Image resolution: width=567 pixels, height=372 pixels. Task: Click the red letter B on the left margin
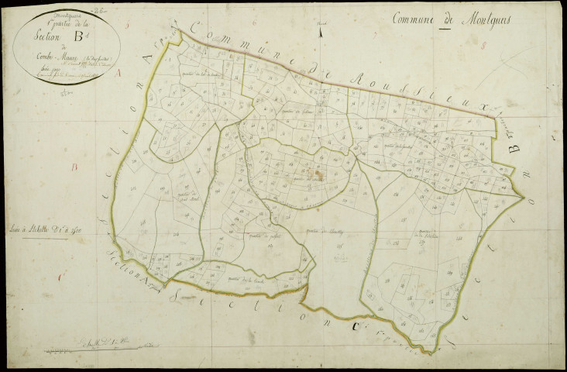(x=75, y=167)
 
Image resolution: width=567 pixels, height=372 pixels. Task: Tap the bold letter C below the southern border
(x=355, y=327)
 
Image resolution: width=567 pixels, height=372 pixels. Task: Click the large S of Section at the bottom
(x=180, y=294)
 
